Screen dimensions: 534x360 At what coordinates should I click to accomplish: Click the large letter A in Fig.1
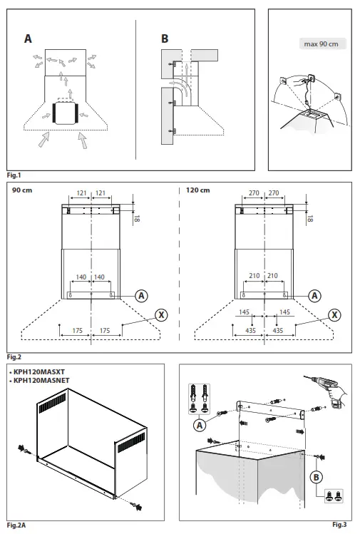(x=28, y=39)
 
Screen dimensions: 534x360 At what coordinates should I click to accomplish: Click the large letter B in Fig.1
(x=165, y=39)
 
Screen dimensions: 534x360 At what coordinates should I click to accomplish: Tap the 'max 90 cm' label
(x=320, y=44)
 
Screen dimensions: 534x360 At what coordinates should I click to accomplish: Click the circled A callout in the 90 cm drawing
(x=141, y=294)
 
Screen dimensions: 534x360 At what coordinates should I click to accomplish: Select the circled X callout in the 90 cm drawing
(x=161, y=314)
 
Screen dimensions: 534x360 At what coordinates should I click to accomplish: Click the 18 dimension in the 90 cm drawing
(x=138, y=219)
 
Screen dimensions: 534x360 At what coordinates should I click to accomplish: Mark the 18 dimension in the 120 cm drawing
(x=310, y=219)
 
